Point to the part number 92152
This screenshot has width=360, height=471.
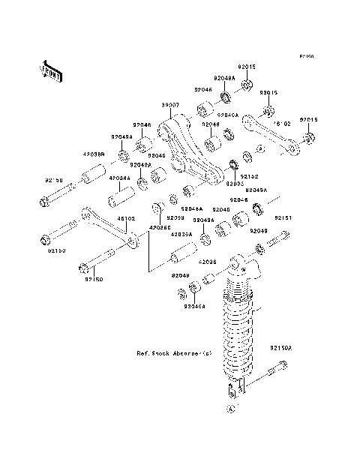tap(249, 177)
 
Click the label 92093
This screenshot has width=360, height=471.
tap(234, 183)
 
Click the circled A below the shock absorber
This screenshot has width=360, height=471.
tap(231, 409)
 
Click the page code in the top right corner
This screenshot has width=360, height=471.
tap(307, 56)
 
